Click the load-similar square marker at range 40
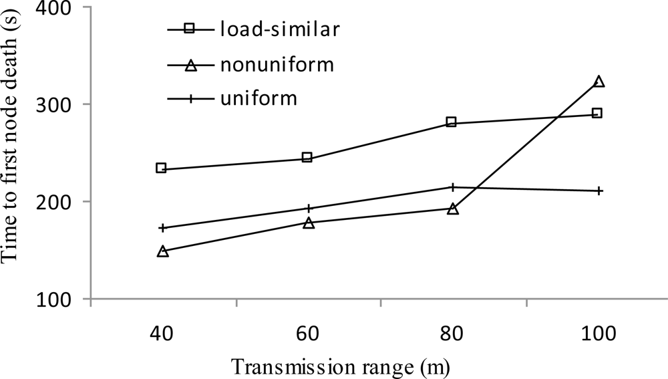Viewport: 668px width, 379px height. point(161,168)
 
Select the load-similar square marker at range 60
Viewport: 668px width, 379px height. point(307,158)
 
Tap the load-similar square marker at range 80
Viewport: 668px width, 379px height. point(451,122)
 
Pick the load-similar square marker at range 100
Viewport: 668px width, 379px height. point(597,113)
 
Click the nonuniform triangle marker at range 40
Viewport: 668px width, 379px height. point(162,251)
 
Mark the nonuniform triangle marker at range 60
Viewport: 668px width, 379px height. point(309,223)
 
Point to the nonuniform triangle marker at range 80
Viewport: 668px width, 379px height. point(453,209)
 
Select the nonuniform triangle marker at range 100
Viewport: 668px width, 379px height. point(599,82)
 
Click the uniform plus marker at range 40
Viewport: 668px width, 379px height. point(162,228)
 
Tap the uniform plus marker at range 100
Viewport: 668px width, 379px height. point(599,191)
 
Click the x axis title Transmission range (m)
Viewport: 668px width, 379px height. point(341,366)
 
